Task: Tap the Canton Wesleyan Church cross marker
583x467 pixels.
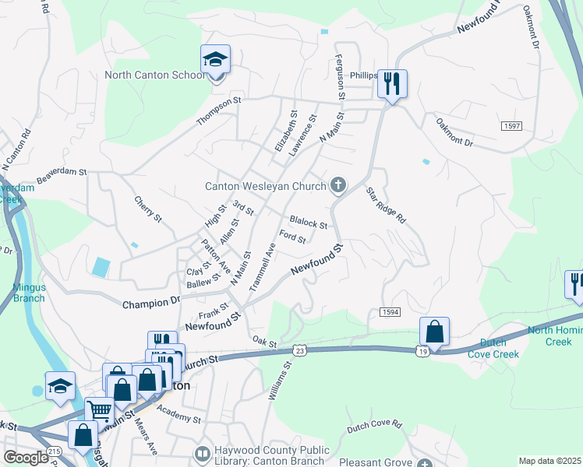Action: tap(337, 185)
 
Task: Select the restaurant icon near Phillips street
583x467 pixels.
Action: tap(392, 83)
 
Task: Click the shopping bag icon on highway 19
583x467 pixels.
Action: tap(434, 332)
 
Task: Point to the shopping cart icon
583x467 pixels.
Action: tap(98, 411)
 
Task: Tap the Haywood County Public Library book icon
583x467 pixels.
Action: tap(202, 452)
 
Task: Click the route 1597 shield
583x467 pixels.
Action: tap(512, 125)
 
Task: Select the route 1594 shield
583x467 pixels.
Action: tap(390, 312)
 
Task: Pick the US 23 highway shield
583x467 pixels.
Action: tap(299, 351)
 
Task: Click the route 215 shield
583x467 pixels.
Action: tap(54, 451)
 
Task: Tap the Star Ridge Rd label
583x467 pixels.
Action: tap(387, 205)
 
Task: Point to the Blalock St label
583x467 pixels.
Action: tap(308, 223)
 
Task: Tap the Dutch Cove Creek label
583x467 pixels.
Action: tap(493, 348)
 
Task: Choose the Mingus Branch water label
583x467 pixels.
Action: tap(29, 293)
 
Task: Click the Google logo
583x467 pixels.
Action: tap(26, 458)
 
